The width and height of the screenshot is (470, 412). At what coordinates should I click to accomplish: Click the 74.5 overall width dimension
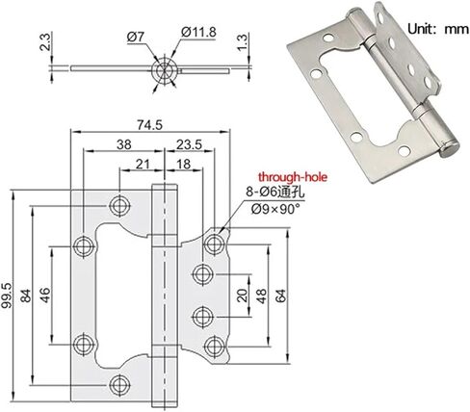click(150, 125)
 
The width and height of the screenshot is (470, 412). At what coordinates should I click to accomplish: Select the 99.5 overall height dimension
click(7, 296)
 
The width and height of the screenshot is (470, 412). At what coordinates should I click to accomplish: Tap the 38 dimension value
click(124, 144)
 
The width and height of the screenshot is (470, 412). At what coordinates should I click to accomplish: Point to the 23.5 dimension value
click(190, 144)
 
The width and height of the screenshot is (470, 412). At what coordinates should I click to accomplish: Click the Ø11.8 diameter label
click(198, 32)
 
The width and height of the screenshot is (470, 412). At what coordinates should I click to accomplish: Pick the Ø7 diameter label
click(136, 37)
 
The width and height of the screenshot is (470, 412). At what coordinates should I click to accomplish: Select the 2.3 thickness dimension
click(45, 41)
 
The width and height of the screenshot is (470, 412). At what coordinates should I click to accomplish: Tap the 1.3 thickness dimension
click(243, 41)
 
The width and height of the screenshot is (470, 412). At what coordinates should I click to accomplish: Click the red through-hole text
click(293, 177)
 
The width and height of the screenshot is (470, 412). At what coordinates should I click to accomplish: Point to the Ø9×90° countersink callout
click(275, 209)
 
